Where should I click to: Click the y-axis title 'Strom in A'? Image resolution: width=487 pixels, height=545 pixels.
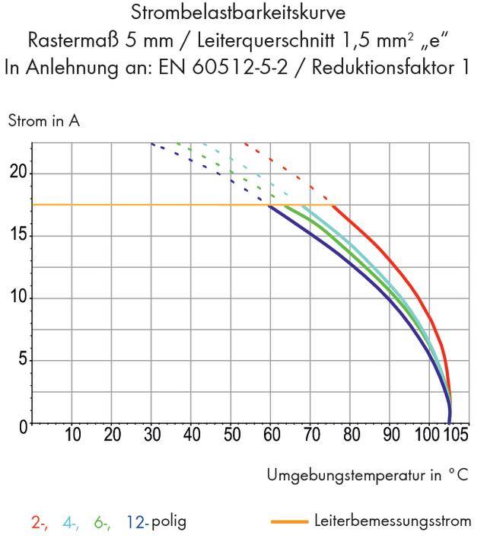click(43, 121)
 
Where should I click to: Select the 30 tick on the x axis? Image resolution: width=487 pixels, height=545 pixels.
click(152, 435)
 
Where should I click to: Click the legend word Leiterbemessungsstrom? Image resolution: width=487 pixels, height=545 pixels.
click(393, 521)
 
